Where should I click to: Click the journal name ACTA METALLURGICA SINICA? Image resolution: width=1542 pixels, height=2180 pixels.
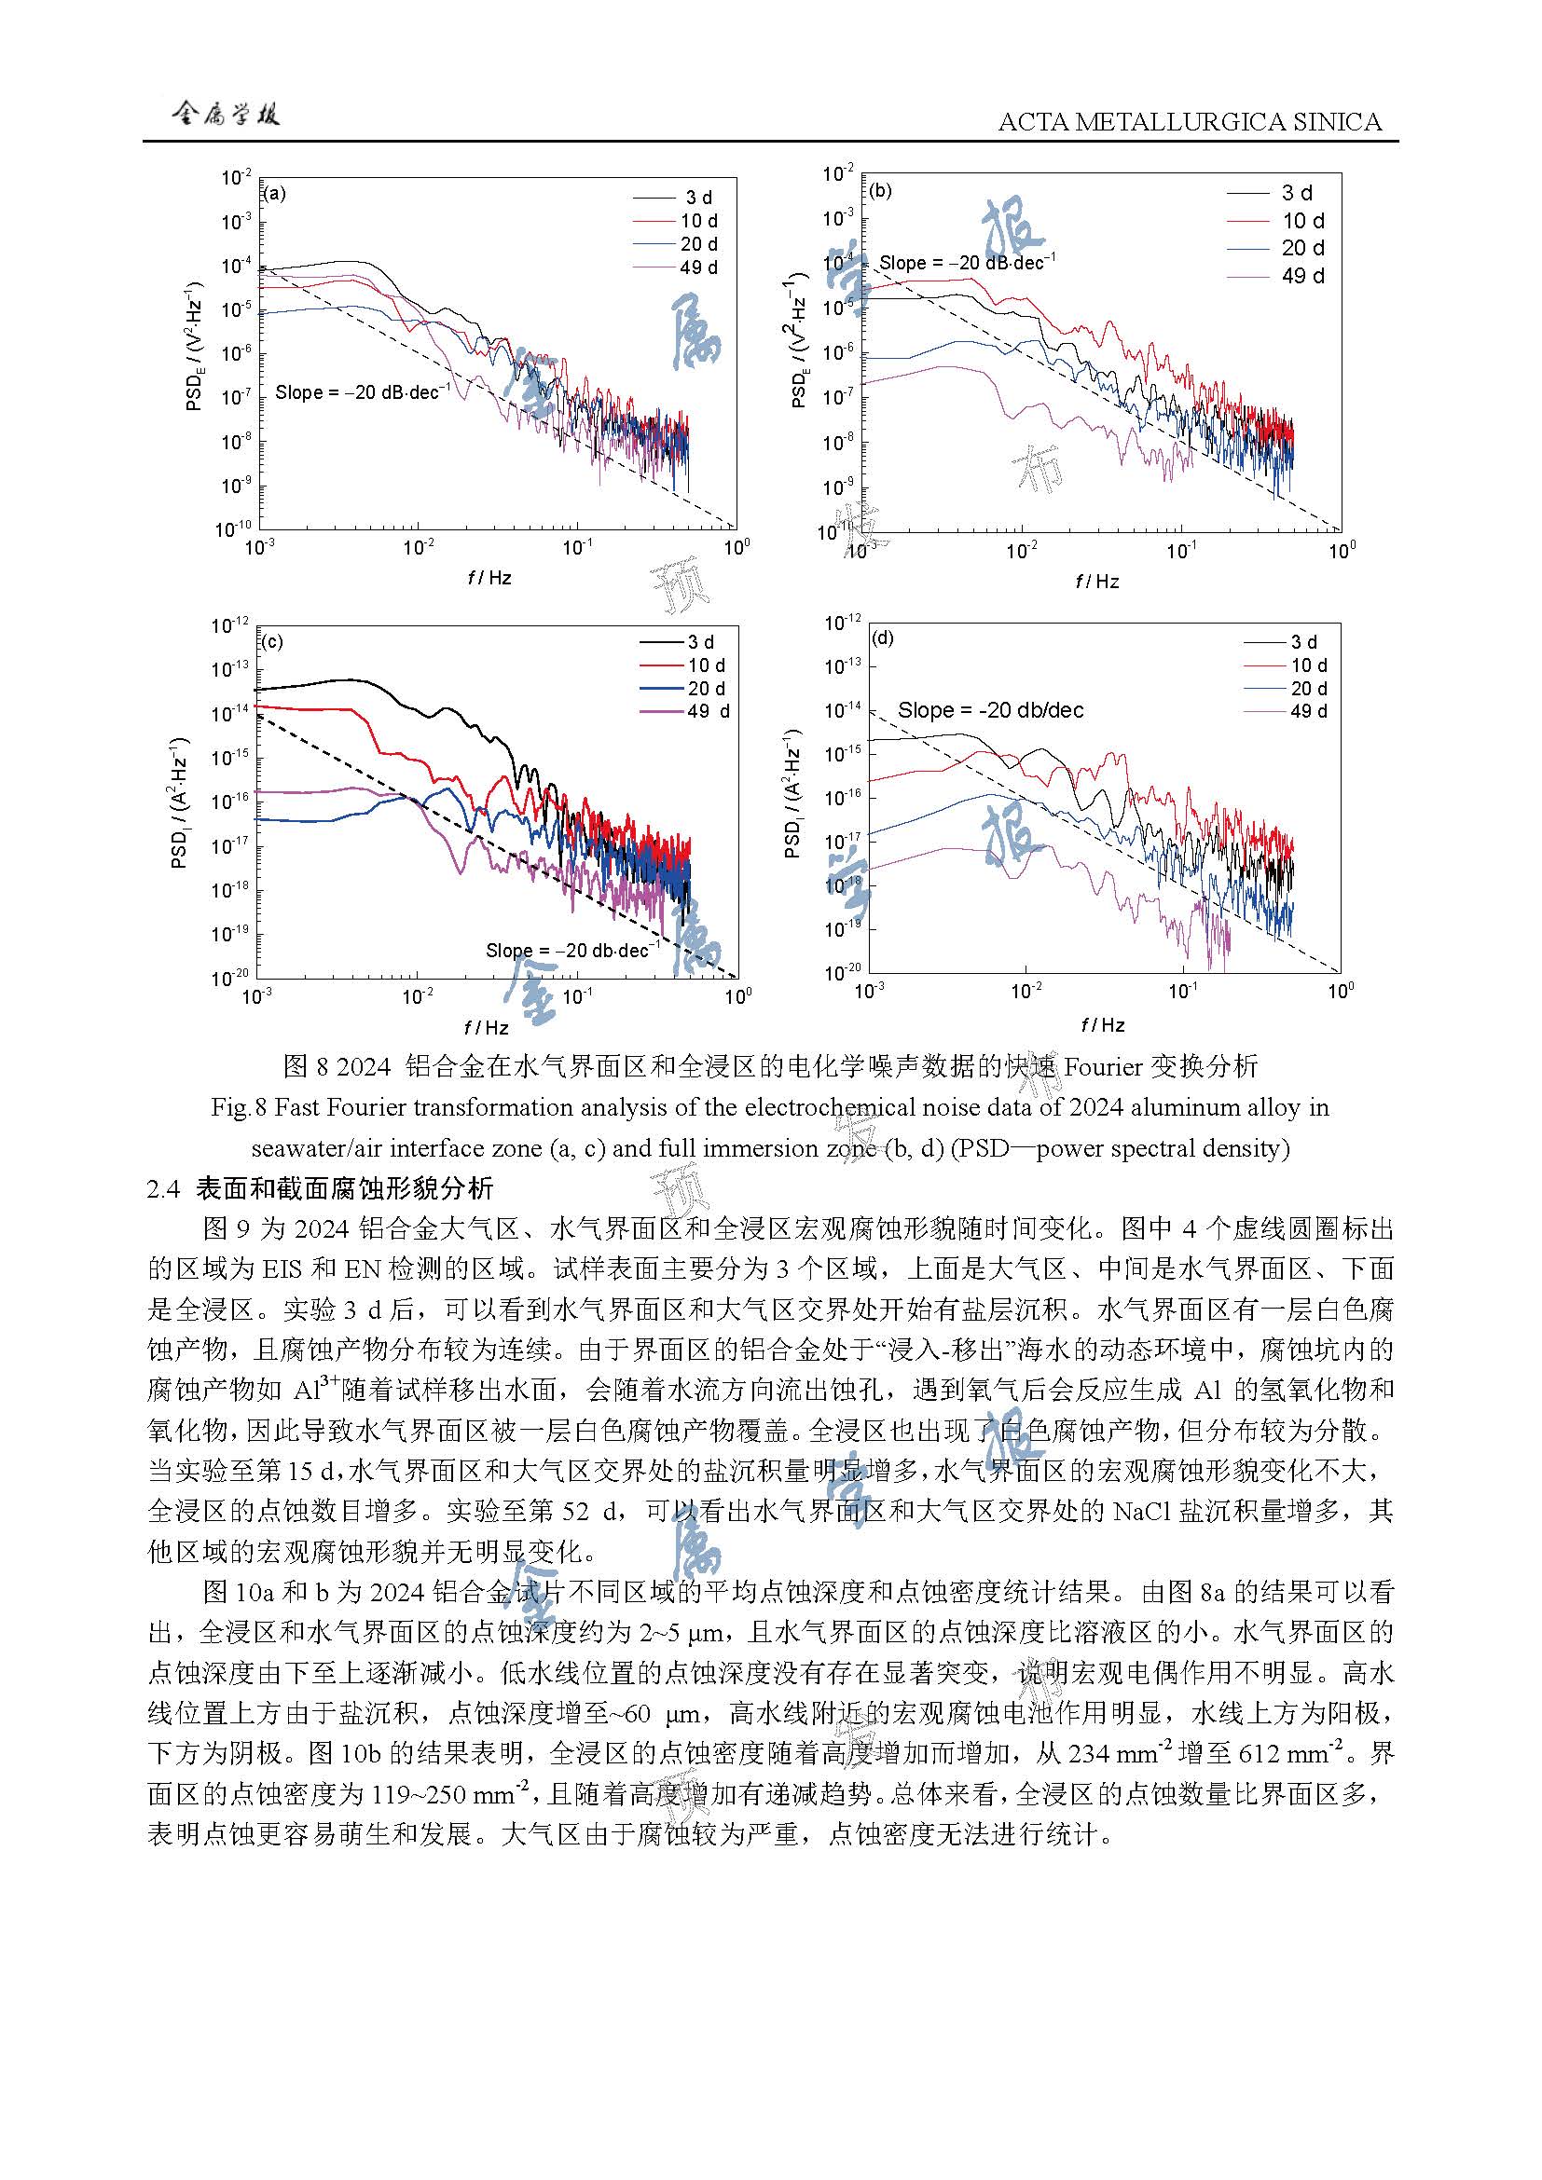point(1190,121)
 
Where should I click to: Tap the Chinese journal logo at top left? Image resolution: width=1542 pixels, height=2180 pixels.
point(225,115)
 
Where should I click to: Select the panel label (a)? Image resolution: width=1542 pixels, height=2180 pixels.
point(273,194)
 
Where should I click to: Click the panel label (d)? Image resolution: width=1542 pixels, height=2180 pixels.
point(882,638)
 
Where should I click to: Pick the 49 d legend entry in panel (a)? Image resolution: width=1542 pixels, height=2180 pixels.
point(698,267)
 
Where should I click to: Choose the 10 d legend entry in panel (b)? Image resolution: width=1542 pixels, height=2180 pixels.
point(1302,221)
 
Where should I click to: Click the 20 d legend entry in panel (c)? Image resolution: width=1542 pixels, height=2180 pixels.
point(706,689)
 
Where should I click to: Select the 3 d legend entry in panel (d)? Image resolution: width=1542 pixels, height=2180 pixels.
point(1302,642)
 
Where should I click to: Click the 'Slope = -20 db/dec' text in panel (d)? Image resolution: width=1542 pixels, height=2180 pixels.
point(990,710)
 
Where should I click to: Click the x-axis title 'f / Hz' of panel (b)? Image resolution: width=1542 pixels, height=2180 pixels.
point(1096,581)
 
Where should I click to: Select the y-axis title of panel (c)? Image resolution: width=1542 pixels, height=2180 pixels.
point(179,803)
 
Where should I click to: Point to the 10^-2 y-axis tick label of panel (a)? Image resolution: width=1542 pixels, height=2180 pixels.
point(237,178)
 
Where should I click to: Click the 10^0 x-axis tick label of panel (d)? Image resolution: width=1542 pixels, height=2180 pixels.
point(1341,992)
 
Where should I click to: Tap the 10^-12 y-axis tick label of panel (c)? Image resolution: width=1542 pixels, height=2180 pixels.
point(228,625)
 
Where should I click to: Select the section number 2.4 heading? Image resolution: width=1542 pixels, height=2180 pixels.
point(163,1187)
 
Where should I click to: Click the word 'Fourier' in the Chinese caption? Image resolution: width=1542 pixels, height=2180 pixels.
point(1102,1066)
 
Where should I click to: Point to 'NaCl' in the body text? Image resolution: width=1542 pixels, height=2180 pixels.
point(1141,1511)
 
